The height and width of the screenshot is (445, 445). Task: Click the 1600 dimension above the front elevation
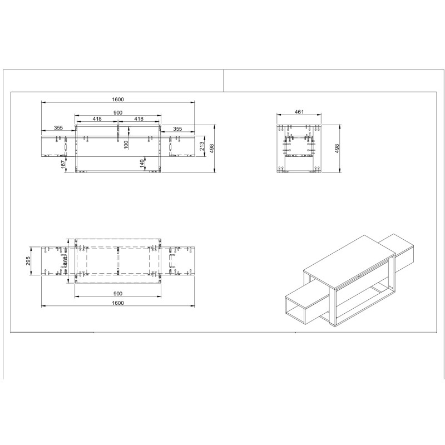point(117,100)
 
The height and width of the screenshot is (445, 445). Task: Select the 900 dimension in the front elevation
point(118,112)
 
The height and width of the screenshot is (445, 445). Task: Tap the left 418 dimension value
point(97,119)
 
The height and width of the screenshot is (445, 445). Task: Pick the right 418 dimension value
point(139,119)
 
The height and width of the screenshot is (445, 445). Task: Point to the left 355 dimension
point(58,128)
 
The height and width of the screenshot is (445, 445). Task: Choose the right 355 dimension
point(177,128)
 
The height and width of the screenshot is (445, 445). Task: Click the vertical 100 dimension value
point(126,144)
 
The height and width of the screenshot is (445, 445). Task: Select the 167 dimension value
point(64,164)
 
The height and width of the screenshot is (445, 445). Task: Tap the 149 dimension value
point(142,163)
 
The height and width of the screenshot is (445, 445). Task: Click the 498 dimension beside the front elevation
point(212,148)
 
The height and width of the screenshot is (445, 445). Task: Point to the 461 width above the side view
point(299,112)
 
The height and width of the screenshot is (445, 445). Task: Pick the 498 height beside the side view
point(337,148)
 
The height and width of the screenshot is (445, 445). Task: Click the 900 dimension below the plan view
point(117,293)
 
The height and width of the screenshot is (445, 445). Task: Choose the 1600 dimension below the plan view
point(117,303)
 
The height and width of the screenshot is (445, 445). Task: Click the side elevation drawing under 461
point(299,148)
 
